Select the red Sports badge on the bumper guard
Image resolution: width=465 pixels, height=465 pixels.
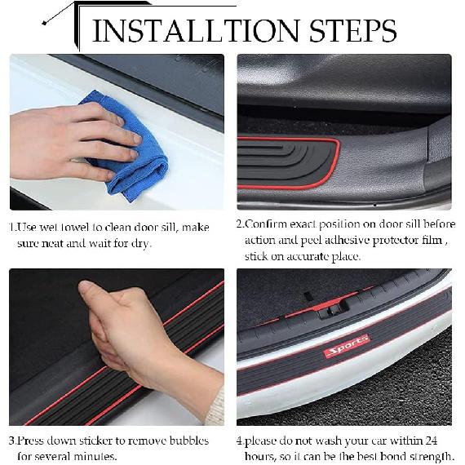coord(346,346)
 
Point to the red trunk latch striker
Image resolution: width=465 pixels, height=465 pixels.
coord(326,308)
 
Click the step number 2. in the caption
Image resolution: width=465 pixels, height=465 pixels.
coord(241,224)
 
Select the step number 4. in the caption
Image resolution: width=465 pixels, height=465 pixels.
coord(241,441)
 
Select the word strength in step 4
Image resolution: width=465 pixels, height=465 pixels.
coord(430,456)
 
